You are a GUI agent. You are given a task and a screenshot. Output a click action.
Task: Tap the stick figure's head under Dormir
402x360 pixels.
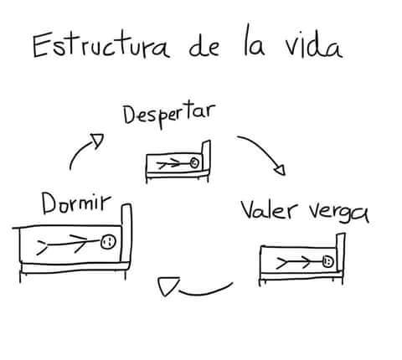107,243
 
